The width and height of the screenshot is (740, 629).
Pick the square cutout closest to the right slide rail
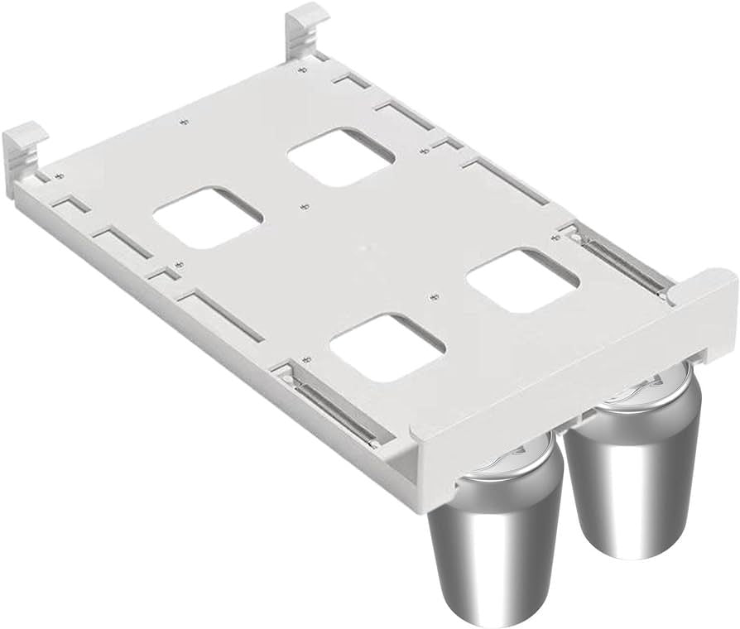point(522,281)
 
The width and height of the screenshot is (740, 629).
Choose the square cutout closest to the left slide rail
point(387,346)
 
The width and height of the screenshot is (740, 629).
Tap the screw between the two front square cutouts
point(433,295)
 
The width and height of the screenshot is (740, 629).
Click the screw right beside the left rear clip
point(57,176)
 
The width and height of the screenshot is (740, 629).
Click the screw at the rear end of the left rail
point(305,359)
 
